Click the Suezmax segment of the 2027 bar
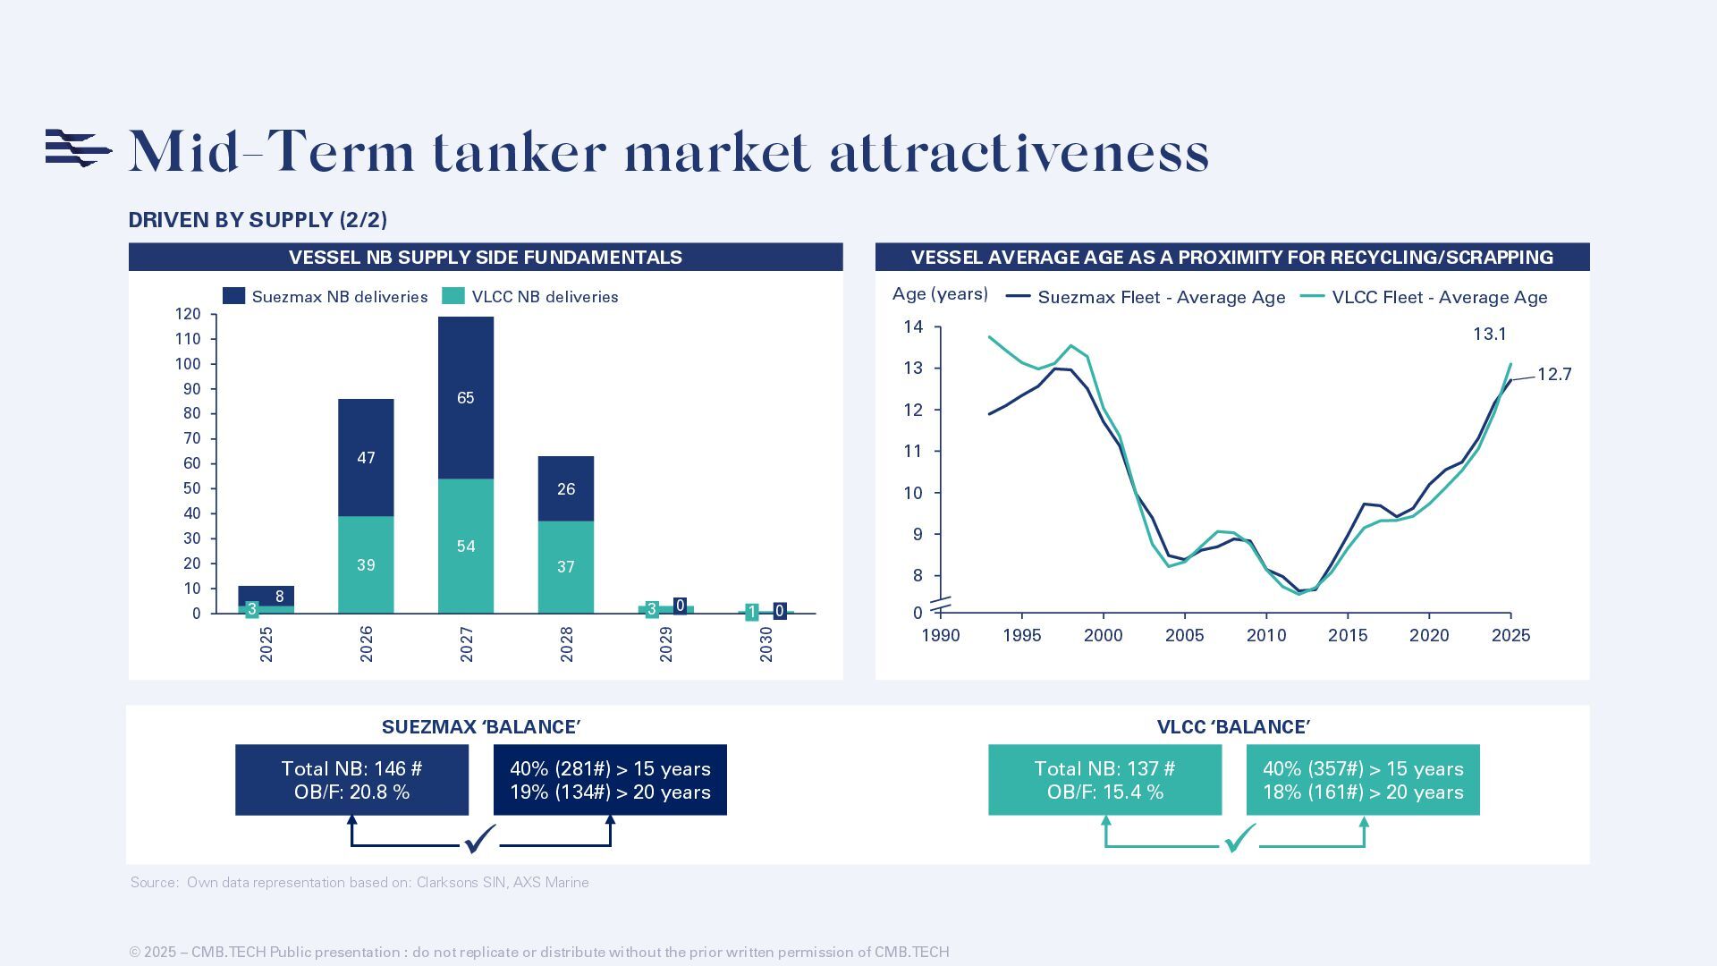tap(465, 398)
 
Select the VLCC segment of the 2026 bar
tap(366, 564)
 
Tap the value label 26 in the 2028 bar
tap(565, 489)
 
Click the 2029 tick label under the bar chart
tap(665, 644)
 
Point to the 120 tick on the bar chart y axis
tap(188, 314)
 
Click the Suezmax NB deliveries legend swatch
tap(233, 296)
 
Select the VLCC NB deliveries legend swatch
tap(453, 296)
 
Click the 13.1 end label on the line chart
tap(1489, 335)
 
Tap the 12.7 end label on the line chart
tap(1554, 375)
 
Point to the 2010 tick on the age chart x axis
tap(1266, 636)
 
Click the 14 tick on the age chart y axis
tap(913, 327)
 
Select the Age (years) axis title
tap(940, 294)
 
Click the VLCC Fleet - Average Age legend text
tap(1439, 298)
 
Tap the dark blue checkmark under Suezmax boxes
tap(479, 839)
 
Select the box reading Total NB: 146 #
tap(351, 780)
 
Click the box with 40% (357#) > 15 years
tap(1363, 780)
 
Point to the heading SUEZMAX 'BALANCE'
tap(481, 727)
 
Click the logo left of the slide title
tap(78, 148)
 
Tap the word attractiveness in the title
tap(1019, 152)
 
